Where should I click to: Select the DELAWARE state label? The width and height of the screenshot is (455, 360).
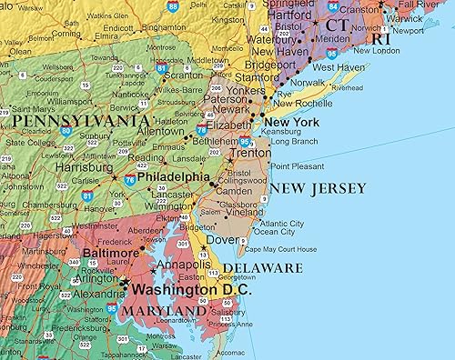pos(263,268)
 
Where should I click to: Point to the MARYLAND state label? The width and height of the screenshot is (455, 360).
pos(165,311)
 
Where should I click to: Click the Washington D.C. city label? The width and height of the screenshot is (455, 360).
pos(191,291)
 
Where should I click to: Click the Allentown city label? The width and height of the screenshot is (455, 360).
pos(160,131)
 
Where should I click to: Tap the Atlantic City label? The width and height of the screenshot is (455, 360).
pos(281,223)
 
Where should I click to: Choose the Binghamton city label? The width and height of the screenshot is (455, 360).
pos(163,27)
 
